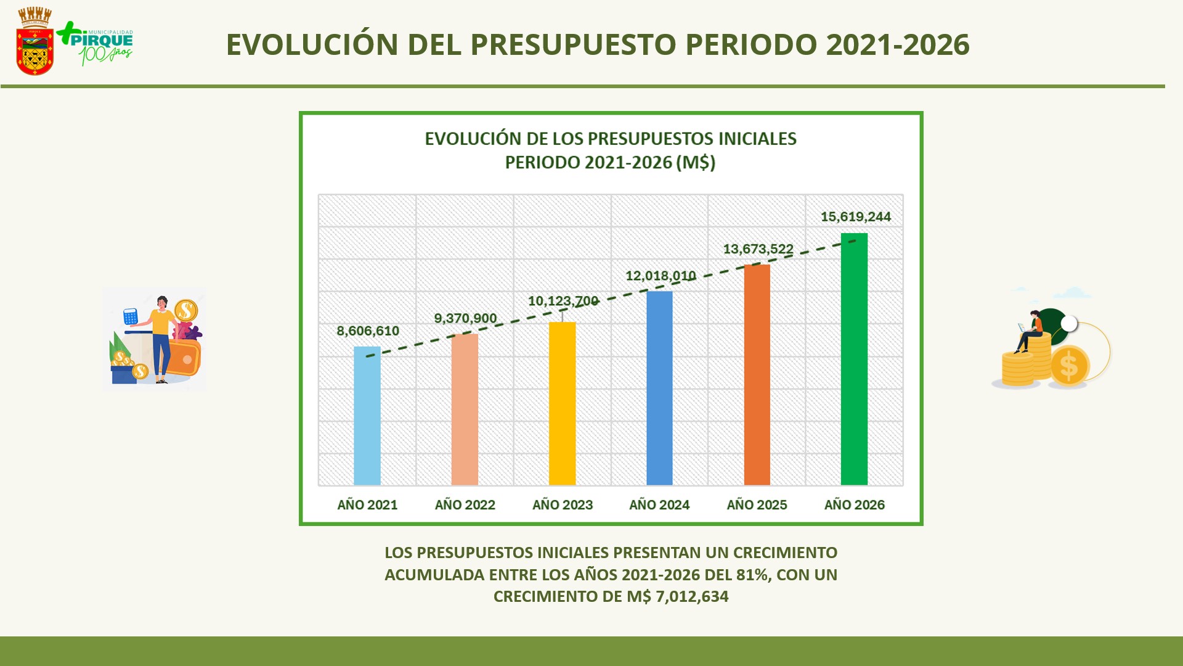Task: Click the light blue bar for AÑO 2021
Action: pos(367,416)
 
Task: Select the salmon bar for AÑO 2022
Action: pos(465,409)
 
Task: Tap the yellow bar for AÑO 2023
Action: pos(562,404)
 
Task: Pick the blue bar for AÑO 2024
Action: pos(659,388)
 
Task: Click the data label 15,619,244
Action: pos(855,217)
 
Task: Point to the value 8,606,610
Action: pos(368,331)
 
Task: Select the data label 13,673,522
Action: pos(758,249)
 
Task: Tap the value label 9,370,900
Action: pos(465,319)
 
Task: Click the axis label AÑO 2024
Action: pos(659,505)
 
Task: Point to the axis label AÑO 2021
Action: pos(367,505)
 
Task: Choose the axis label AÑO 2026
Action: pos(854,505)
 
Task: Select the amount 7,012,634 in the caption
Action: pos(692,597)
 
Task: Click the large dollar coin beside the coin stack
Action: pos(1069,366)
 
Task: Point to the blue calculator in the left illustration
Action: pos(130,316)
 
